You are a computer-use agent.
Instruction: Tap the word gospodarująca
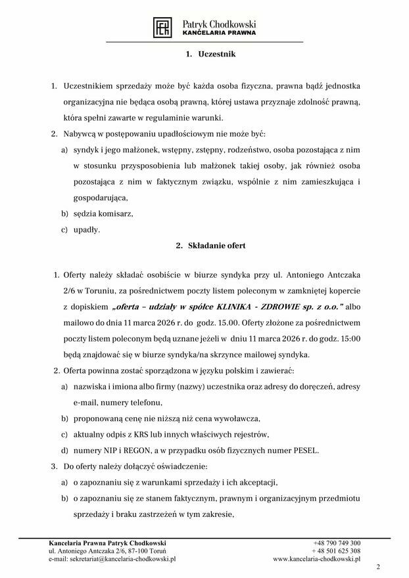click(x=101, y=198)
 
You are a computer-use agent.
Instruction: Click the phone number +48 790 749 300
click(x=337, y=543)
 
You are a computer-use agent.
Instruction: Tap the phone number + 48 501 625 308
click(x=336, y=550)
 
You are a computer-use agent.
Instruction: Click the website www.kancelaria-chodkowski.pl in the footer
click(x=317, y=559)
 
